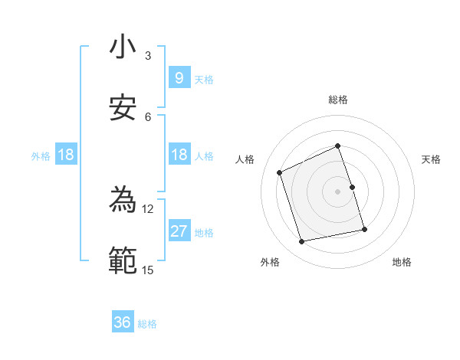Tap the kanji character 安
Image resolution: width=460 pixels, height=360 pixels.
point(122,107)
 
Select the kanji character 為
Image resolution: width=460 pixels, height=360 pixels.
point(122,201)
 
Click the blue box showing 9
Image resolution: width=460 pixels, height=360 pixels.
point(179,77)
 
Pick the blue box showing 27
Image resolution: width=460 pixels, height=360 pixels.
point(179,232)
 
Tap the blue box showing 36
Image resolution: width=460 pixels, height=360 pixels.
point(123,322)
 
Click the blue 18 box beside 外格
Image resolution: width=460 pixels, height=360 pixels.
point(66,155)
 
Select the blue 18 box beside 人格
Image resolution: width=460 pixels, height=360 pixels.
point(179,155)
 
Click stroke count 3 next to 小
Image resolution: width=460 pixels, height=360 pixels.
point(148,56)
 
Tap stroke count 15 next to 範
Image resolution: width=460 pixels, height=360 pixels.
point(147,270)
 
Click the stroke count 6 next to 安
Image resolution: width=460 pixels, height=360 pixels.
point(148,116)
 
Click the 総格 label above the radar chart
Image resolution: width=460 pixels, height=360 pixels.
point(338,100)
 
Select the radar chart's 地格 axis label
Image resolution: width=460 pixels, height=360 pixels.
point(402,262)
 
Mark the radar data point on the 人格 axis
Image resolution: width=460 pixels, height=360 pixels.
point(280,172)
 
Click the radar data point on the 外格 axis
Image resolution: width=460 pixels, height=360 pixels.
point(302,242)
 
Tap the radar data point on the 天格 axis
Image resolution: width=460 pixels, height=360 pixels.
point(353,187)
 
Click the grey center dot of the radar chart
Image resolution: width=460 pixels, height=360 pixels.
point(338,191)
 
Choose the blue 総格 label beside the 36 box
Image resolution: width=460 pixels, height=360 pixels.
point(147,324)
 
